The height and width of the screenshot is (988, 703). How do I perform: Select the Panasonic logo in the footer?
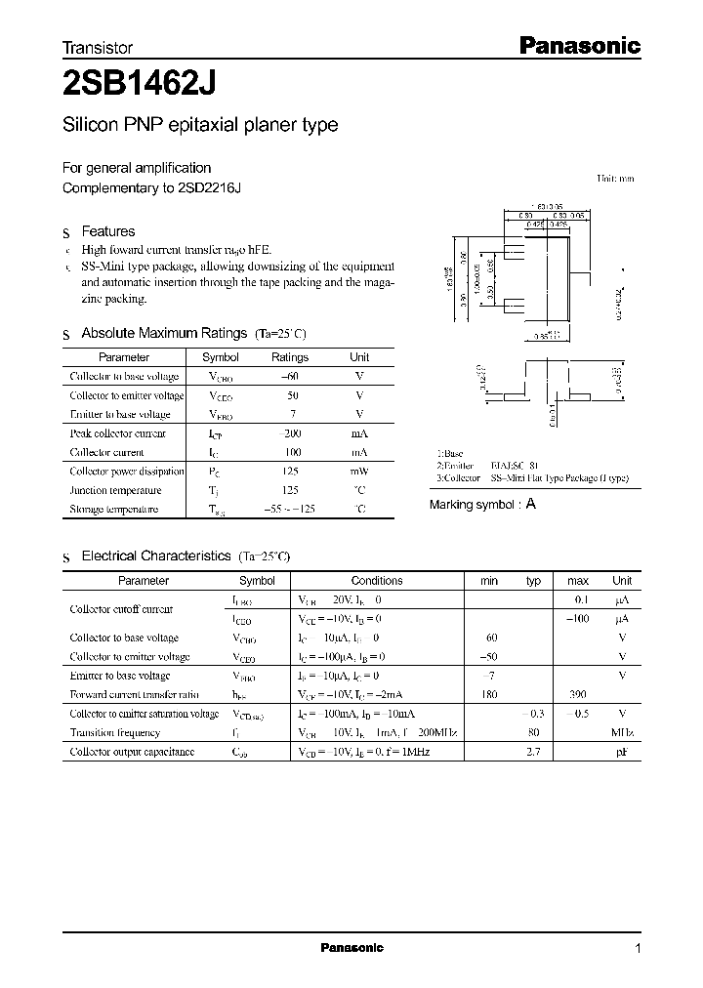[x=351, y=948]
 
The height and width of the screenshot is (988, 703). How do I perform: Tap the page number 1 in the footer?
[x=638, y=948]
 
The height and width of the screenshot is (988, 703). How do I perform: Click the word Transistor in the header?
[x=98, y=47]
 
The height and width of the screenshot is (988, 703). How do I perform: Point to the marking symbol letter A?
[x=530, y=505]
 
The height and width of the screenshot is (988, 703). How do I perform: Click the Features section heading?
[x=107, y=231]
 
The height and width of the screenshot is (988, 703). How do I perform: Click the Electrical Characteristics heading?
[x=156, y=556]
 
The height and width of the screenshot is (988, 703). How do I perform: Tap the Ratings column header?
[x=290, y=357]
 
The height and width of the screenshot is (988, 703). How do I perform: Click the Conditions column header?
[x=376, y=580]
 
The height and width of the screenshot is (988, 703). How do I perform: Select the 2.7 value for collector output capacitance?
[x=533, y=752]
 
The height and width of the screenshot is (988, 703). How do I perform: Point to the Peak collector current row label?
[x=118, y=433]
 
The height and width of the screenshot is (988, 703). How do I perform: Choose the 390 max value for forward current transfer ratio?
[x=578, y=694]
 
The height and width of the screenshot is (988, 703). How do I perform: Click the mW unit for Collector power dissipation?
[x=359, y=472]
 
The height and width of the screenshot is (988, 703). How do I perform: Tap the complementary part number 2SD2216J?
[x=209, y=187]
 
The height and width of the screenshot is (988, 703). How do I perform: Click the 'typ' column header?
[x=533, y=580]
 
